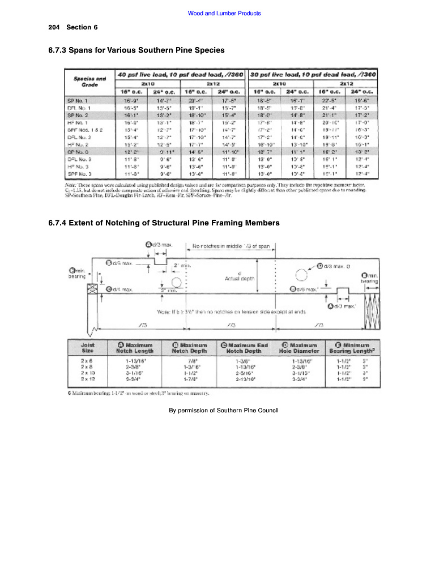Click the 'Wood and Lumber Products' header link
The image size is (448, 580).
pyautogui.click(x=224, y=14)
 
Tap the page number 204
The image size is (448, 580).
pyautogui.click(x=54, y=27)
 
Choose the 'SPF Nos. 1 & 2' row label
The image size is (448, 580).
pyautogui.click(x=81, y=130)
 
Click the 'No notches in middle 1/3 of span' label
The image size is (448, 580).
pyautogui.click(x=234, y=246)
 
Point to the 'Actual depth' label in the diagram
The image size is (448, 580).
pyautogui.click(x=240, y=278)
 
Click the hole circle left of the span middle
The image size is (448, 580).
pyautogui.click(x=176, y=282)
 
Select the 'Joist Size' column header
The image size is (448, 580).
pyautogui.click(x=88, y=347)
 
